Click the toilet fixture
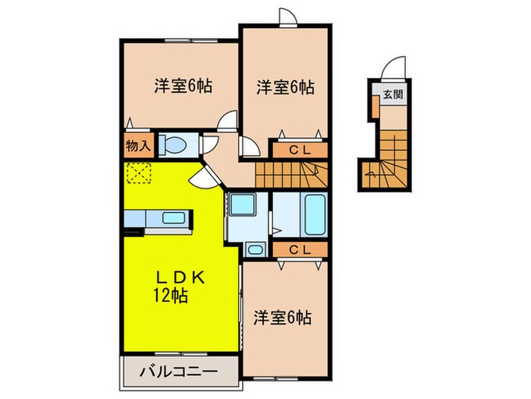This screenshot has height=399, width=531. point(173,144)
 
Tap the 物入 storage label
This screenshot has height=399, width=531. point(138,146)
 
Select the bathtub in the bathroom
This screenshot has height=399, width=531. point(316,214)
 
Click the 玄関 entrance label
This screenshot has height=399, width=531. point(393,95)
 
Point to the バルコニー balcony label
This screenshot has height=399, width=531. point(179,372)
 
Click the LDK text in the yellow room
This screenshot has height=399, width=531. point(181,278)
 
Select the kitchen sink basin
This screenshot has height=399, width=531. point(174,218)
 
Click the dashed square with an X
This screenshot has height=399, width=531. point(139,173)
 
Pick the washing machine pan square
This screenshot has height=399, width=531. point(242,204)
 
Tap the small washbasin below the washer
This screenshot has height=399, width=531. point(255,250)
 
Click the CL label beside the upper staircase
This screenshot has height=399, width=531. point(300,150)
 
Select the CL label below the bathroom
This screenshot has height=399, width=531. point(300,250)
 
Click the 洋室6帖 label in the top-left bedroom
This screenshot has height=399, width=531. point(184,86)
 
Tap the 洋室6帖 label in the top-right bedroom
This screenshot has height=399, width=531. point(285,87)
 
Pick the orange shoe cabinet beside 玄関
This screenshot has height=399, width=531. point(375,106)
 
